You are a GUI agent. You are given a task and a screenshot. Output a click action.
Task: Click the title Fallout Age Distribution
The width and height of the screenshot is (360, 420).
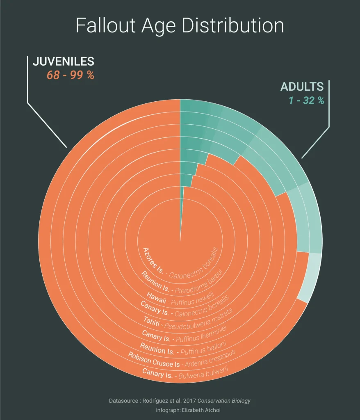click(x=180, y=26)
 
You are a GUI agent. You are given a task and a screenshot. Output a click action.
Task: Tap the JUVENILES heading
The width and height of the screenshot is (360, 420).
click(x=64, y=62)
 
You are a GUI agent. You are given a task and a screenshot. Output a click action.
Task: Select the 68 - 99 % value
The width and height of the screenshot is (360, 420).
click(x=71, y=76)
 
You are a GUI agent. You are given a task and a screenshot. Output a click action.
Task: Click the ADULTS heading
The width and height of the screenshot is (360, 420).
click(x=302, y=87)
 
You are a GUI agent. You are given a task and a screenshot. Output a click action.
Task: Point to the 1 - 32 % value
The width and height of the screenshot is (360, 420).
click(x=306, y=100)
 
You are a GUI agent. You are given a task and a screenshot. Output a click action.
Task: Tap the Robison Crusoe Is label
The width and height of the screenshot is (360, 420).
click(x=154, y=360)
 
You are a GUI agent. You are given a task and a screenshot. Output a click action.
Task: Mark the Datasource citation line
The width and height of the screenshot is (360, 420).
click(x=179, y=401)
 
